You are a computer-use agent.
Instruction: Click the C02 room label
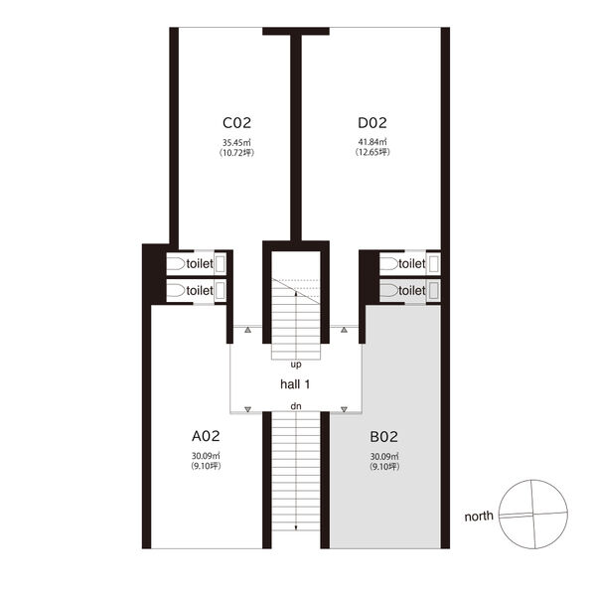(x=236, y=123)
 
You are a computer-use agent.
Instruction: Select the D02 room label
(x=372, y=123)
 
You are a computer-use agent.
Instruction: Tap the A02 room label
(x=206, y=436)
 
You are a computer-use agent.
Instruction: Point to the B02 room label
(x=383, y=437)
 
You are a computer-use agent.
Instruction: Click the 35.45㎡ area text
(x=236, y=143)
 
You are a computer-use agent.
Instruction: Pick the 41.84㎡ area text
(x=372, y=142)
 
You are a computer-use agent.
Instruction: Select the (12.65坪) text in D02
(x=372, y=152)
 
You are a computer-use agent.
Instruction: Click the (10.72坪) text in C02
(x=236, y=153)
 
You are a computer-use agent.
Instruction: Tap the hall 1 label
(x=295, y=384)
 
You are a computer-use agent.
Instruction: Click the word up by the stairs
(x=296, y=365)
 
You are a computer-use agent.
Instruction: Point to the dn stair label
(x=296, y=406)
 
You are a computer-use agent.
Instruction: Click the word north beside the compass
(x=479, y=517)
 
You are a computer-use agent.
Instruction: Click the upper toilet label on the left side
(x=200, y=263)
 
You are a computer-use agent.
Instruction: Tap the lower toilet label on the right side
(x=411, y=290)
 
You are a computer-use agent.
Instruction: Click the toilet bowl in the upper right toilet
(x=388, y=263)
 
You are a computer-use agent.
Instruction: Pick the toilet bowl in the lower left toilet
(x=176, y=290)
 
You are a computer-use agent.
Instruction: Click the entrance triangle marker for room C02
(x=247, y=330)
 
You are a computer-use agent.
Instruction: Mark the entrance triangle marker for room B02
(x=344, y=409)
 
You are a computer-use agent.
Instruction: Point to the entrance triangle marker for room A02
(x=247, y=409)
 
